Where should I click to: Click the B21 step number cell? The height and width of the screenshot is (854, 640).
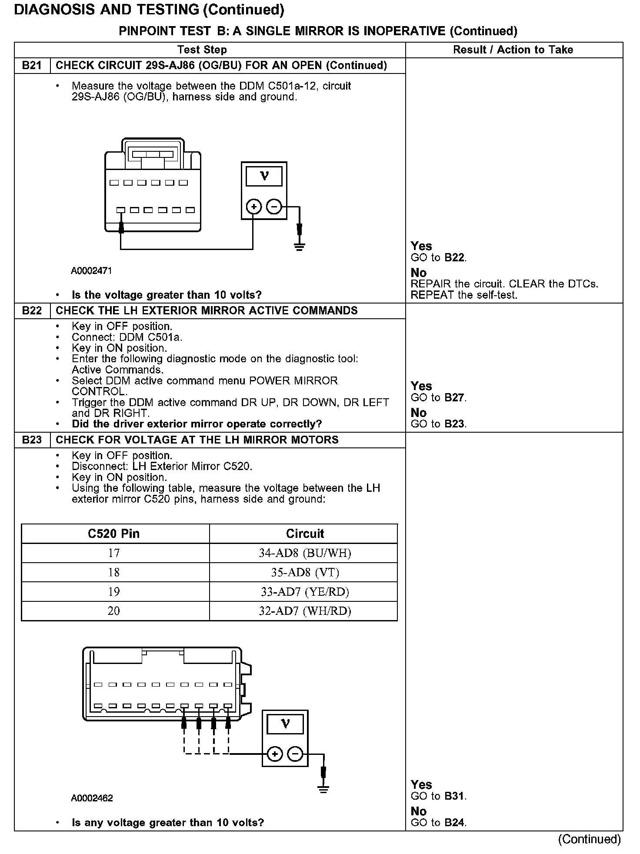coord(32,66)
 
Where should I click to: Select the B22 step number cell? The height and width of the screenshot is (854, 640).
coord(32,311)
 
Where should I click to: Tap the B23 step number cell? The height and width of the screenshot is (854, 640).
coord(32,440)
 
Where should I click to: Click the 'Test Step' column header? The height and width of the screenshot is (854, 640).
coord(202,50)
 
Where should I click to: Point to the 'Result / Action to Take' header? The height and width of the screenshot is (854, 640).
coord(513,50)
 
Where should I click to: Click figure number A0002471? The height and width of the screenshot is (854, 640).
coord(92,271)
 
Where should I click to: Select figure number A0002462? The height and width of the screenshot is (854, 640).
coord(92,798)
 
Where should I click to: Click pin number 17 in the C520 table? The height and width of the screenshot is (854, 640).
coord(114,553)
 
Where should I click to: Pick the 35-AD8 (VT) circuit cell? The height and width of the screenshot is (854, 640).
coord(305,572)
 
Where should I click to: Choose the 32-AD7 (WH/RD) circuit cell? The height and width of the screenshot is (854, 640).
coord(305,611)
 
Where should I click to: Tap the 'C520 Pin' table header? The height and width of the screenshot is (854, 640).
coord(114,534)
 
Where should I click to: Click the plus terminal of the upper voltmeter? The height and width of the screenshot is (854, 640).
coord(253,207)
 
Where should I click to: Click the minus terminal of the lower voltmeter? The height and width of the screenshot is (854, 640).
coord(295,754)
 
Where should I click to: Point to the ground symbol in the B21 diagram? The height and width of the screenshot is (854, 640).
coord(299,247)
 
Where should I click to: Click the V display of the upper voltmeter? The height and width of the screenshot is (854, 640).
coord(264,177)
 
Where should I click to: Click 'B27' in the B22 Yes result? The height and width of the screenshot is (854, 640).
coord(454,398)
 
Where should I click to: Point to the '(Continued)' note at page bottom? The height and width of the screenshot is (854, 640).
coord(590,839)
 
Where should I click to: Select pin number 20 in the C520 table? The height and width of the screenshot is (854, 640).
coord(114,611)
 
